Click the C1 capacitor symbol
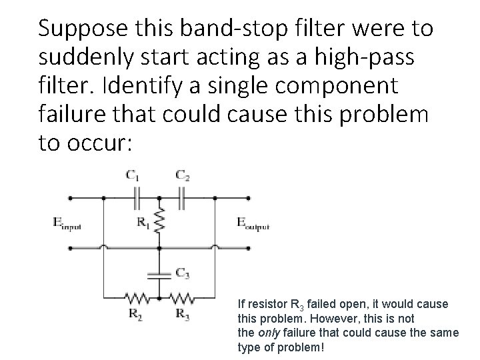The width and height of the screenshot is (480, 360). (137, 198)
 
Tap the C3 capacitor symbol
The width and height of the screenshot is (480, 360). (159, 273)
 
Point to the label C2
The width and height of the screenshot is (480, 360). (181, 176)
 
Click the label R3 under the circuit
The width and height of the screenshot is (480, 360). (181, 314)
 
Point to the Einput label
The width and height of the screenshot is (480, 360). (67, 224)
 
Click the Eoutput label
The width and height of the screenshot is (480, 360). (253, 224)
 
